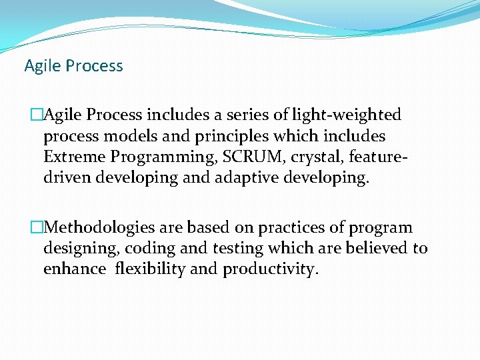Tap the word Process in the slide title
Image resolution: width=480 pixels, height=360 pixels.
pyautogui.click(x=92, y=66)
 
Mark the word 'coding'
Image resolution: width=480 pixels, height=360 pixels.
pyautogui.click(x=151, y=249)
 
